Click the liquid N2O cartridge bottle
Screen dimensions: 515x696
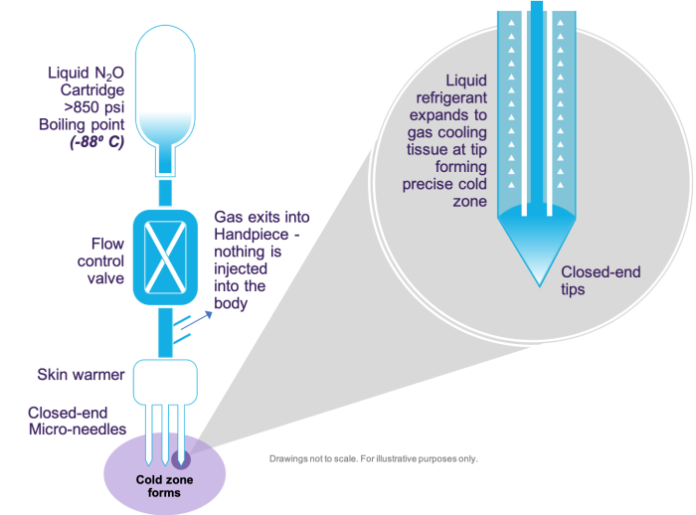click(168, 89)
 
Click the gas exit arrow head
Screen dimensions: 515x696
click(210, 310)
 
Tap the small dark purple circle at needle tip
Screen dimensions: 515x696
click(183, 459)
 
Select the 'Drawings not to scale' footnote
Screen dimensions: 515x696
click(373, 458)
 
